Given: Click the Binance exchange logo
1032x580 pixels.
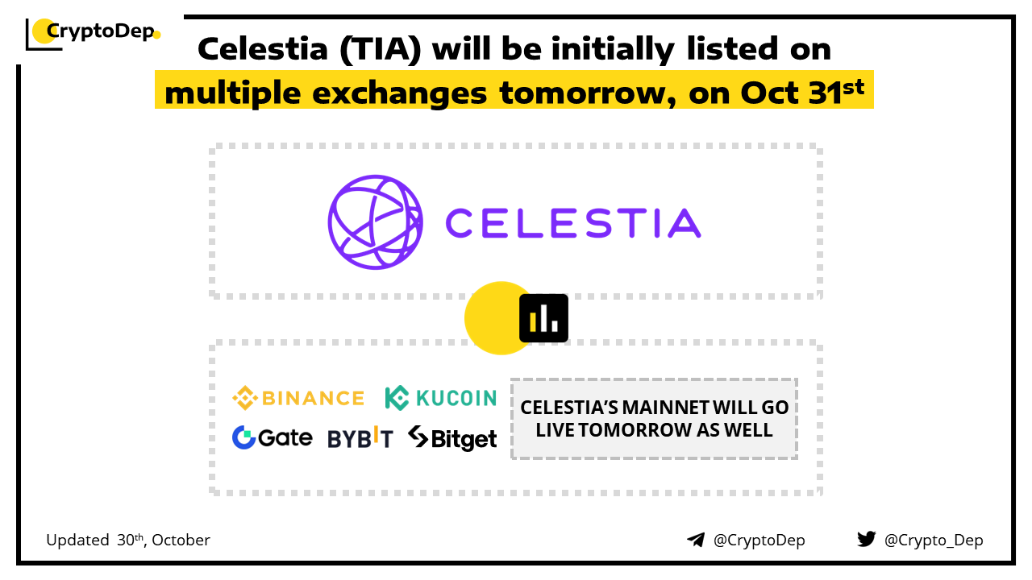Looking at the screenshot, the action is [x=298, y=398].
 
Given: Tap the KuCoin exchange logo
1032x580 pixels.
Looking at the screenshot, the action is [x=441, y=398].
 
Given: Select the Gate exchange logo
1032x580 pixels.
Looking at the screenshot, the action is [x=273, y=437].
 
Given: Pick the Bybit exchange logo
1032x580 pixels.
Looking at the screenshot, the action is [x=360, y=437].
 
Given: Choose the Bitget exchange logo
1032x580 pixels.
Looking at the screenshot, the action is [x=452, y=438].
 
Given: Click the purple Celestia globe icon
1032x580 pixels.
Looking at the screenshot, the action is [x=375, y=222].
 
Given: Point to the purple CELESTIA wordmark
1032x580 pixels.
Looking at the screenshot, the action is [x=573, y=223].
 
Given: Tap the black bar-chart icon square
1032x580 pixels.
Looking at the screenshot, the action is [x=543, y=318].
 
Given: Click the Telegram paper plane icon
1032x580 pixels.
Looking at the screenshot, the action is [x=696, y=540].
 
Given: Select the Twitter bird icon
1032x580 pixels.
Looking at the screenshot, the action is [x=867, y=539].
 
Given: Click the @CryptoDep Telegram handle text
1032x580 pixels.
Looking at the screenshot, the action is [x=759, y=540].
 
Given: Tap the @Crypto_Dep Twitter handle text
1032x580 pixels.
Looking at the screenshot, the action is [x=934, y=540].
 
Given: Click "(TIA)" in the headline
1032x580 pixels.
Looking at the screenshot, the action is [x=381, y=49].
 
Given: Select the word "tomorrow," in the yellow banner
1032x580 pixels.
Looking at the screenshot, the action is [x=588, y=93].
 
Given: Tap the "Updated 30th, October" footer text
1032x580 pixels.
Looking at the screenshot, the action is [x=128, y=540].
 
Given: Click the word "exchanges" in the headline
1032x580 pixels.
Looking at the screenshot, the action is [x=399, y=93].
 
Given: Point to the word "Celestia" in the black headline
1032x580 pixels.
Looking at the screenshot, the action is [x=263, y=49].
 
